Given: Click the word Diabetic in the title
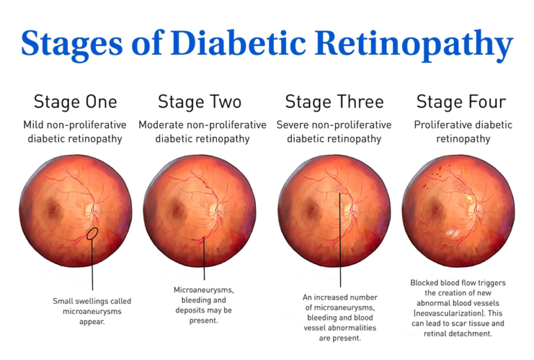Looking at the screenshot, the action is pos(238,43).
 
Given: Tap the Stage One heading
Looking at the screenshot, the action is pos(75,101).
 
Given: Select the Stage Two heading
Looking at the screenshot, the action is pos(200,101).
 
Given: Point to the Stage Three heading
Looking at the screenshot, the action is pos(334,101).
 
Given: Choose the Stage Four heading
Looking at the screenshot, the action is pos(461,101).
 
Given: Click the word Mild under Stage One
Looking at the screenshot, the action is pos(33,125).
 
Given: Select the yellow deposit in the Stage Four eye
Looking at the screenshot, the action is pos(469,197).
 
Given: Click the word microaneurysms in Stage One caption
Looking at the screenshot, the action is pos(92,311).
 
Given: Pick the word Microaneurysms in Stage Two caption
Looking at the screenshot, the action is pos(204,291).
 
